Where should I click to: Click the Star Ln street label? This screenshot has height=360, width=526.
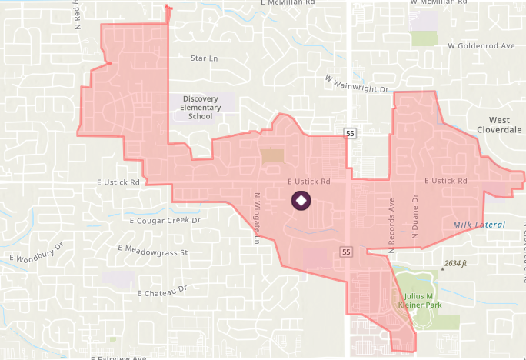click(204, 58)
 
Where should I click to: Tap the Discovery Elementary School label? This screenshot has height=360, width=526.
click(200, 108)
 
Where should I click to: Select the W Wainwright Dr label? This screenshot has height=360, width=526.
click(357, 84)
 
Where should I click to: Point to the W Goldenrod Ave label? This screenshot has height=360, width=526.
click(481, 46)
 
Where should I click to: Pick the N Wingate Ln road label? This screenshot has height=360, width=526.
click(257, 217)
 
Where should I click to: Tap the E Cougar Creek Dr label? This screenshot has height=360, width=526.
click(165, 221)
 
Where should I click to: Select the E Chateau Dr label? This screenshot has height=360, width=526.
click(161, 292)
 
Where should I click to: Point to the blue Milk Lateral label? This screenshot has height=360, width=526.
click(479, 225)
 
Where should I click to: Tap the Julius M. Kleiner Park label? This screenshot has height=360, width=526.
click(420, 301)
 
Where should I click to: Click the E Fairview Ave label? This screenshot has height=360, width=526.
click(118, 358)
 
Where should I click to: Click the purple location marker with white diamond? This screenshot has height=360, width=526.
click(301, 202)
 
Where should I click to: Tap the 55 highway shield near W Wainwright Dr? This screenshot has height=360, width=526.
click(350, 134)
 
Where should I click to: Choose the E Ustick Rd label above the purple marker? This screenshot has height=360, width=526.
click(308, 182)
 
